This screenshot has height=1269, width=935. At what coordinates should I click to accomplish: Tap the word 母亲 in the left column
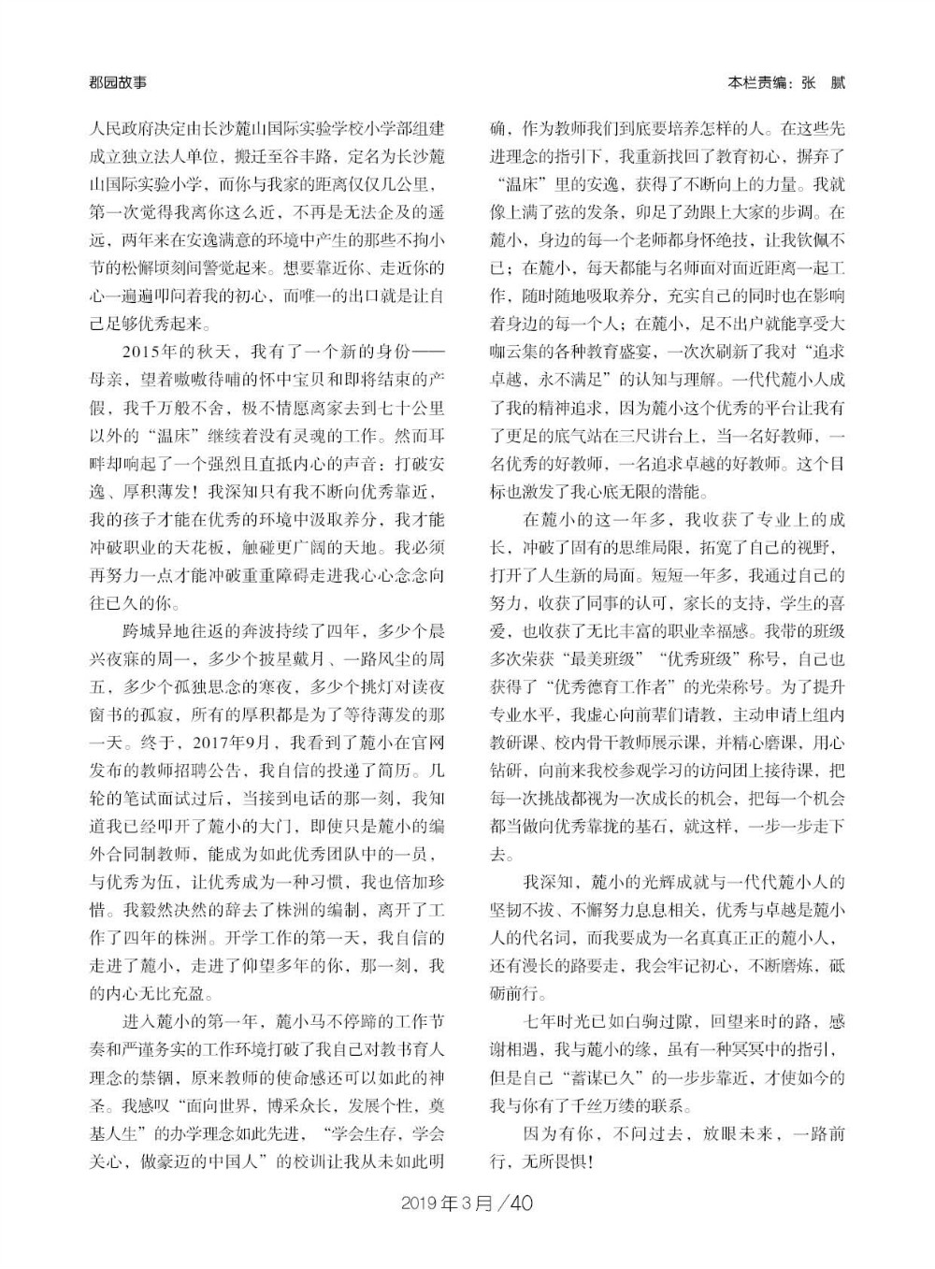105,378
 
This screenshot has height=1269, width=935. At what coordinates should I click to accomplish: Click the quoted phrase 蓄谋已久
611,1077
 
